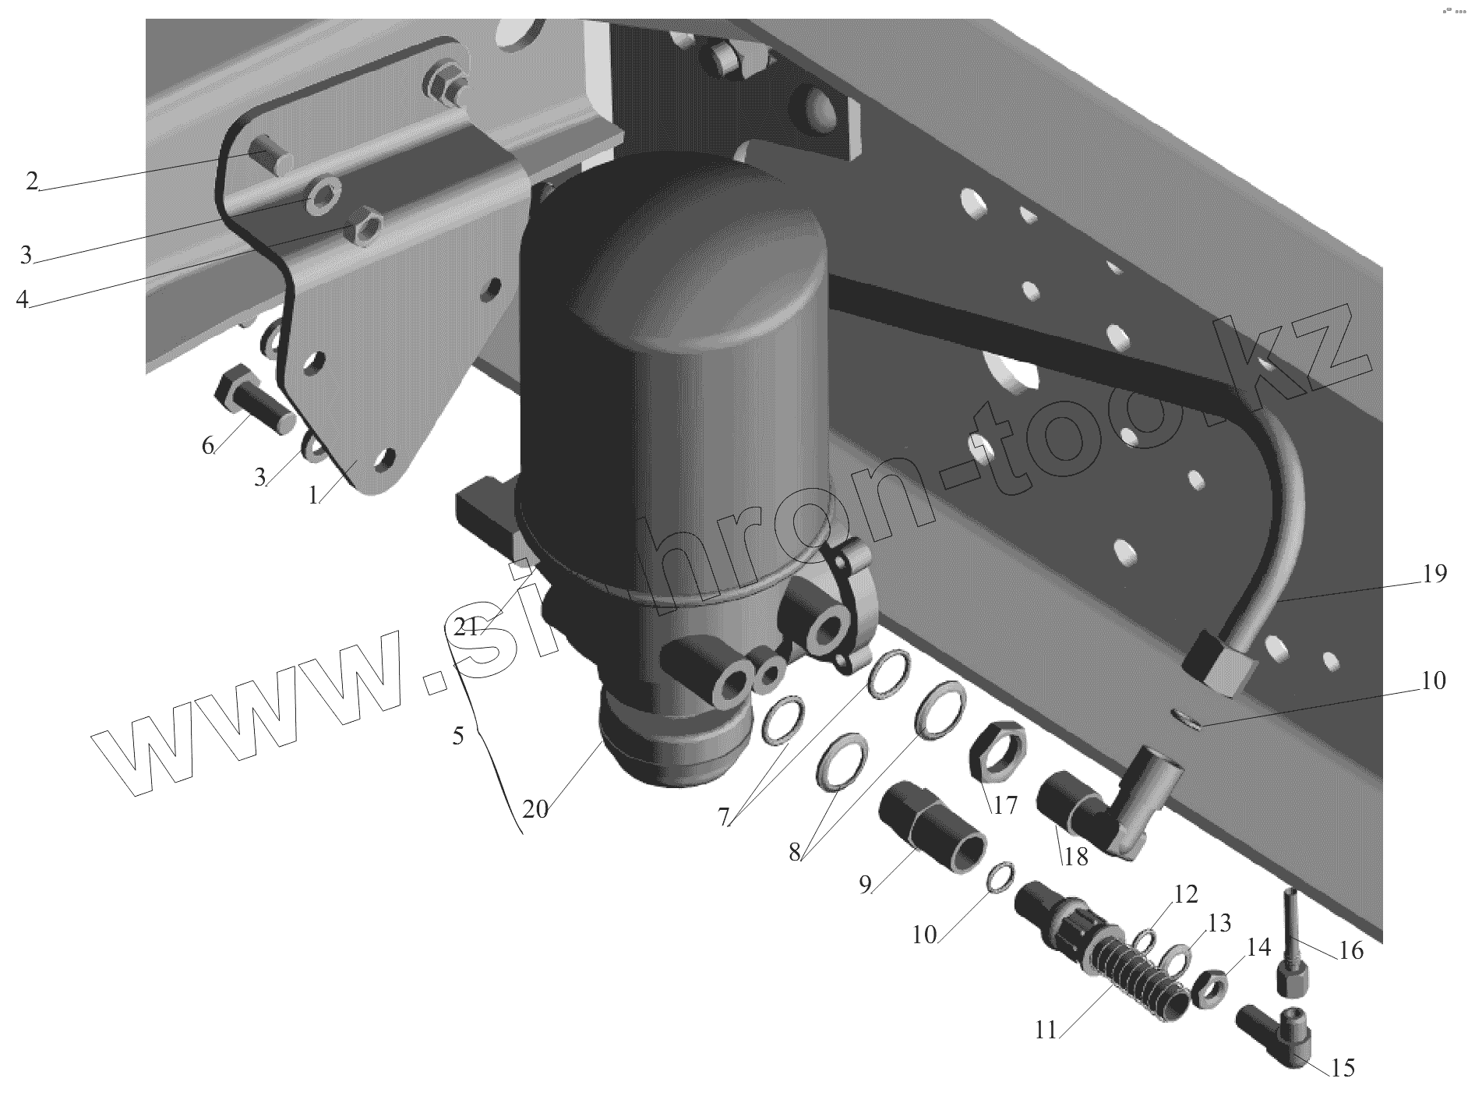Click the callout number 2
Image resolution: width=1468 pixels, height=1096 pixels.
(x=32, y=181)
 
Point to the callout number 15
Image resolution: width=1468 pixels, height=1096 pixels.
(x=1343, y=1068)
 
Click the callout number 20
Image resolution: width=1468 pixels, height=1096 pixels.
(x=535, y=809)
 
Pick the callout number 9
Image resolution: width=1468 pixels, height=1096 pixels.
(x=865, y=886)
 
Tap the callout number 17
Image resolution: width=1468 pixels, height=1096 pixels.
(x=1004, y=804)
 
